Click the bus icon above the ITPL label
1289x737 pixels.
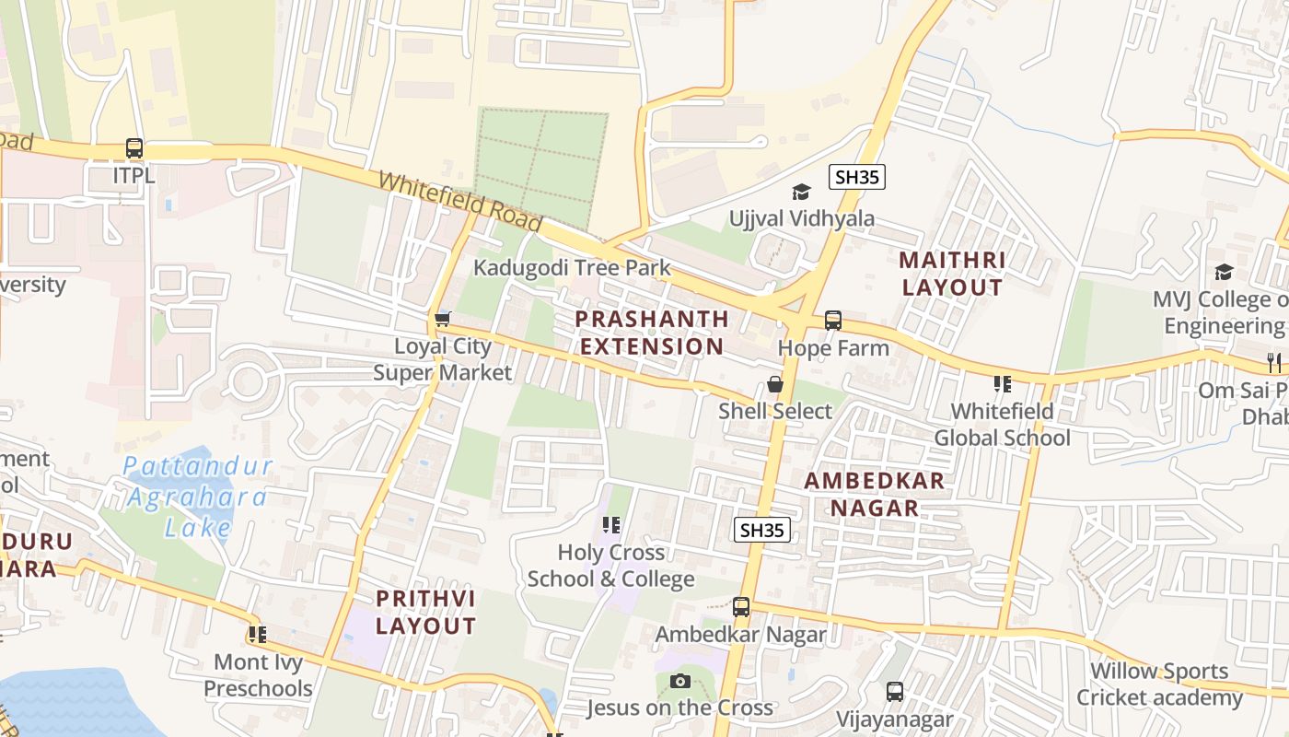point(134,147)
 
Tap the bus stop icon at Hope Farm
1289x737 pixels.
point(833,320)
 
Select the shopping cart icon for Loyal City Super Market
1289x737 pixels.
point(443,319)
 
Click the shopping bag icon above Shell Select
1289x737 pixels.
point(775,384)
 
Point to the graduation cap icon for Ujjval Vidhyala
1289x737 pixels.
point(802,192)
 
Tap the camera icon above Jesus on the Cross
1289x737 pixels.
point(680,681)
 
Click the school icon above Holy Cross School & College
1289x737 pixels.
point(610,525)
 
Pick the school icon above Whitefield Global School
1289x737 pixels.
point(1003,383)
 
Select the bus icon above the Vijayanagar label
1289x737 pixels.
point(895,691)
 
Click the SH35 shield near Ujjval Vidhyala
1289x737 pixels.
point(856,177)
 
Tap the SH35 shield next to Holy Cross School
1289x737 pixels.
point(762,530)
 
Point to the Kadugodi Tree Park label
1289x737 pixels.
point(572,268)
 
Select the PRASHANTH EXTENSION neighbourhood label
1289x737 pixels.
point(652,333)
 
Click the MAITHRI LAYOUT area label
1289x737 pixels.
point(952,274)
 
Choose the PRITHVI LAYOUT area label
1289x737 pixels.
point(425,613)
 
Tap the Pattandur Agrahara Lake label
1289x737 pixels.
point(197,496)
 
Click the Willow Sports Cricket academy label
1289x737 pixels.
point(1159,684)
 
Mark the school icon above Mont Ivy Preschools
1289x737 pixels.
point(257,634)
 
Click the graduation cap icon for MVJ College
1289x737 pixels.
point(1224,272)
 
